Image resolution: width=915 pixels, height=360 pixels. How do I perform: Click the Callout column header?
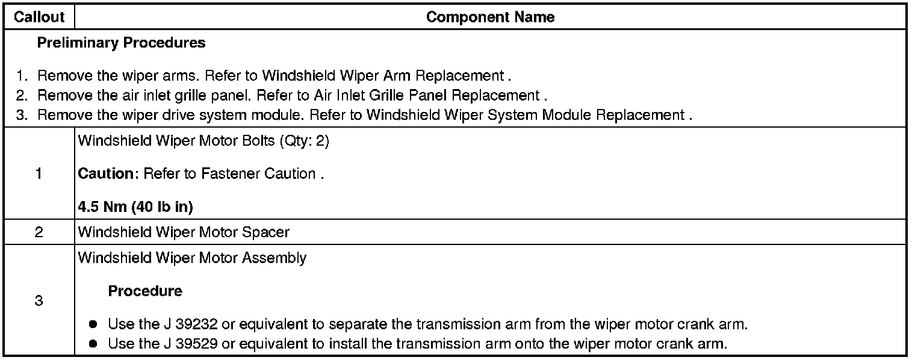[39, 17]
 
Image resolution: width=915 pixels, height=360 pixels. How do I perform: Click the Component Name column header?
[490, 17]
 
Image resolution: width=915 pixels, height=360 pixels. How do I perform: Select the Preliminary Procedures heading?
[121, 43]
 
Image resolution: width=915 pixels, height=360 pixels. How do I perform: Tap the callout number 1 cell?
[39, 174]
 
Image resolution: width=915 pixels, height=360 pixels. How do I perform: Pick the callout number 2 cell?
[39, 232]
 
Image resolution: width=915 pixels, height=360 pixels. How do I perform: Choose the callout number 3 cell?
[39, 300]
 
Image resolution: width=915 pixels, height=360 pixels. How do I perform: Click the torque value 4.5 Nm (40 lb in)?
[135, 208]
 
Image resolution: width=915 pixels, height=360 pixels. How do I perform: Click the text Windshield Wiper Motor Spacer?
[184, 232]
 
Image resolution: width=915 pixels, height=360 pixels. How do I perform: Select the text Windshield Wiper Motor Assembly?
[192, 258]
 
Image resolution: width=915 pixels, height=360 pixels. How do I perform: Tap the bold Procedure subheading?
[145, 291]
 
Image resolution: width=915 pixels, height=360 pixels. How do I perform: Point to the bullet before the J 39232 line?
[93, 324]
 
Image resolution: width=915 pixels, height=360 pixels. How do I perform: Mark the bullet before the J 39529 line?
[93, 344]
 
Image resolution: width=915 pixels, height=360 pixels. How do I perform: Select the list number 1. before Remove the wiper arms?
[22, 77]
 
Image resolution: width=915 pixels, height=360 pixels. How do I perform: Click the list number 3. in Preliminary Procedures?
[22, 116]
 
